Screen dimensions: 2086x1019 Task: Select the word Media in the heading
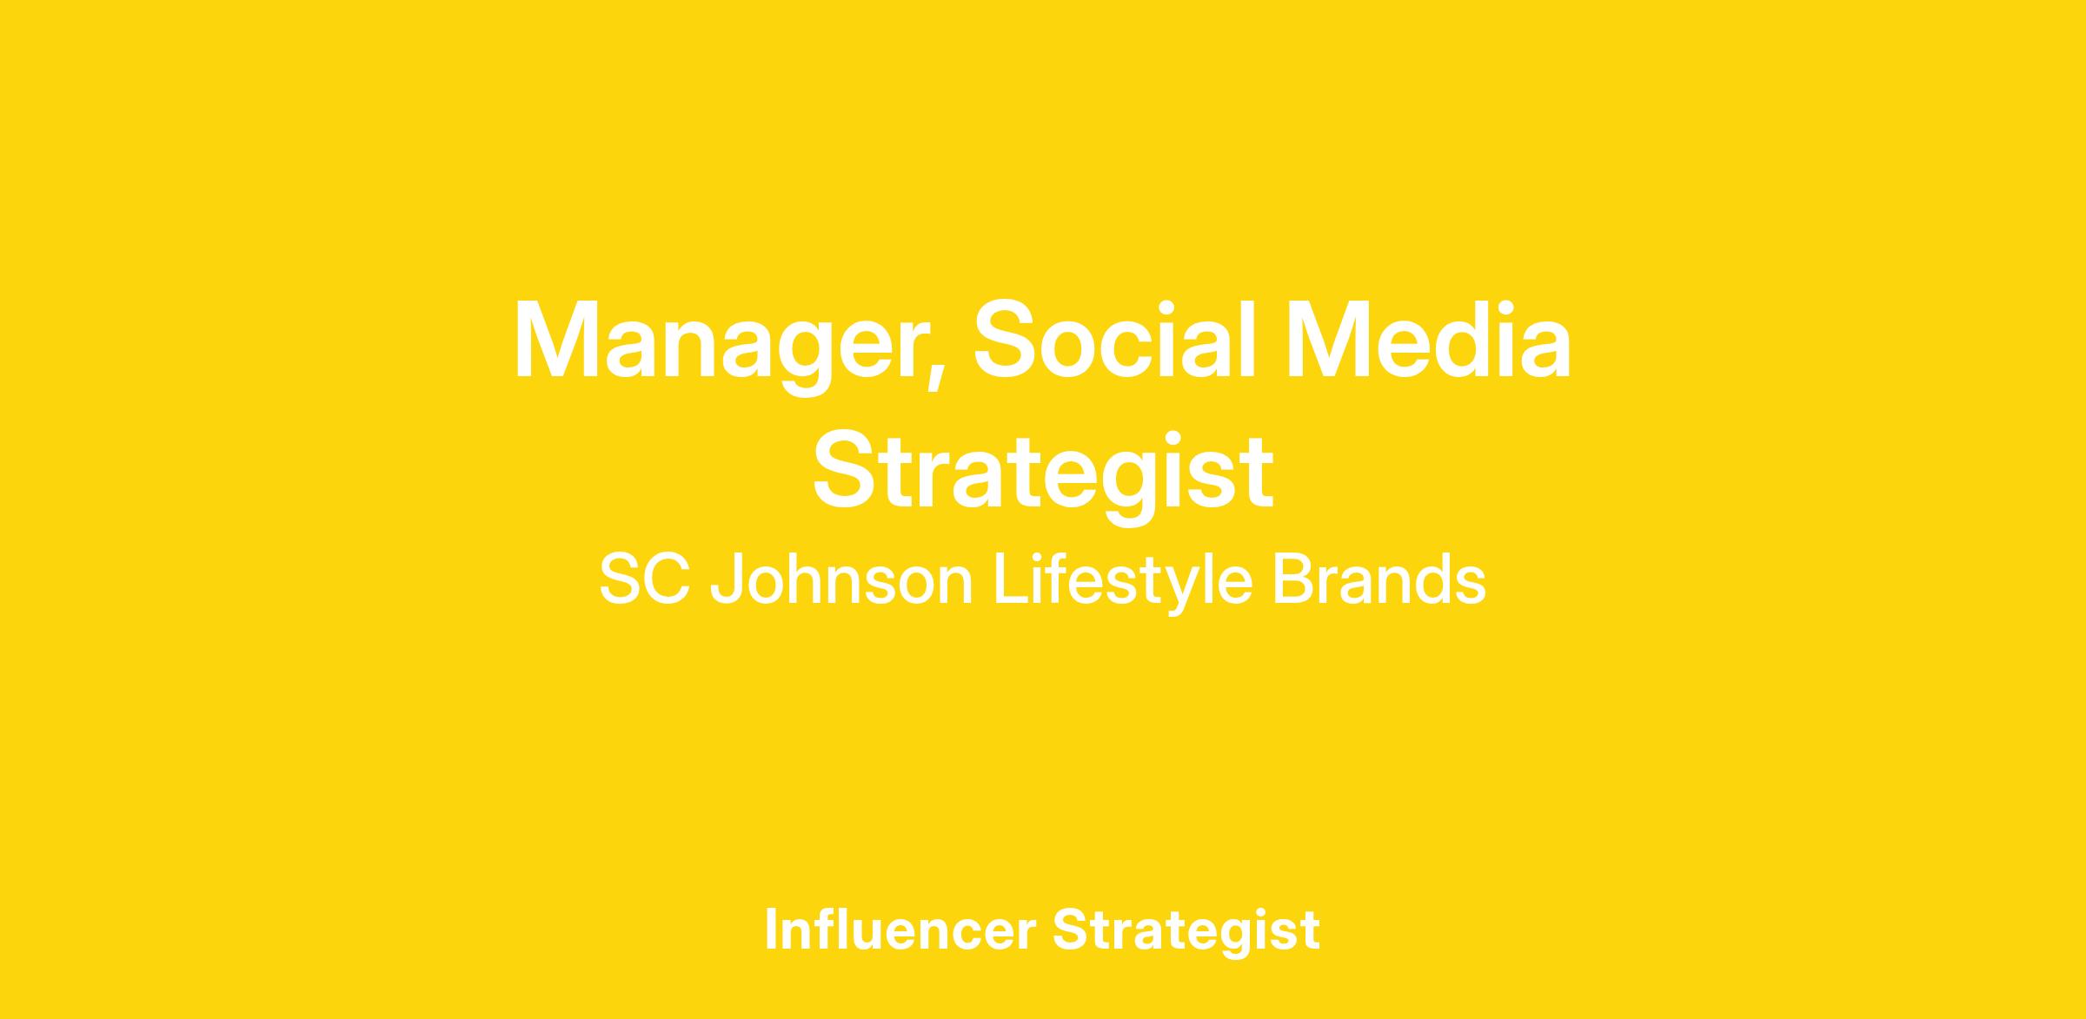(x=1428, y=340)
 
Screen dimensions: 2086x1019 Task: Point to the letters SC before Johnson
(x=645, y=579)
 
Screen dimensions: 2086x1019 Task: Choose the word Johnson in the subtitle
(x=841, y=579)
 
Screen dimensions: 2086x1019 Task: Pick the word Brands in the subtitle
(x=1379, y=579)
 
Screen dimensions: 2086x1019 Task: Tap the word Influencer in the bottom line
(x=900, y=929)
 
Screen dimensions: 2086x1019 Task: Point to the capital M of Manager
(x=556, y=340)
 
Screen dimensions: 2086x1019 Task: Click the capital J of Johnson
(x=727, y=580)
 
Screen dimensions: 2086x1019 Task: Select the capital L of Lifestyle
(x=1010, y=579)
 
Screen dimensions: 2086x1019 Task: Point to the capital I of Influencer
(x=770, y=929)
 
